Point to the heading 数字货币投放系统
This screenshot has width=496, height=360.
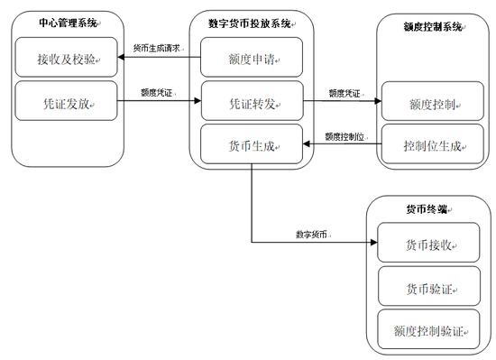click(251, 23)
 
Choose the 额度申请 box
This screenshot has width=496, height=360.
click(252, 60)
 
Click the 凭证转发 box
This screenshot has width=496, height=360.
click(252, 101)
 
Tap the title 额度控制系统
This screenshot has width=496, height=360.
click(432, 27)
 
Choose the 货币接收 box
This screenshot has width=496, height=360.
click(427, 244)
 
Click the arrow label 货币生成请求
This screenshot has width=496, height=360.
click(160, 47)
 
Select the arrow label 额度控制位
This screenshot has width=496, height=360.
click(344, 136)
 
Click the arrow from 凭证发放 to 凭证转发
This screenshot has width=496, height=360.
click(161, 101)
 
